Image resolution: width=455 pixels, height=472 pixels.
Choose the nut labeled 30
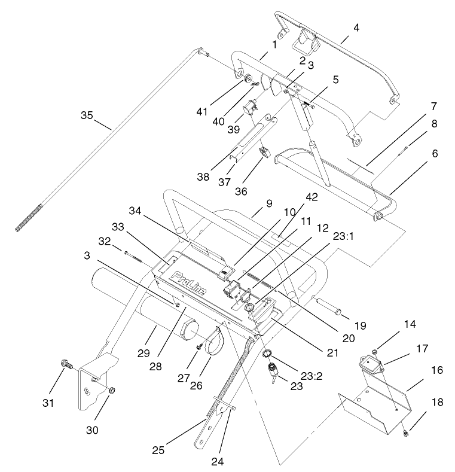[x=110, y=390]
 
